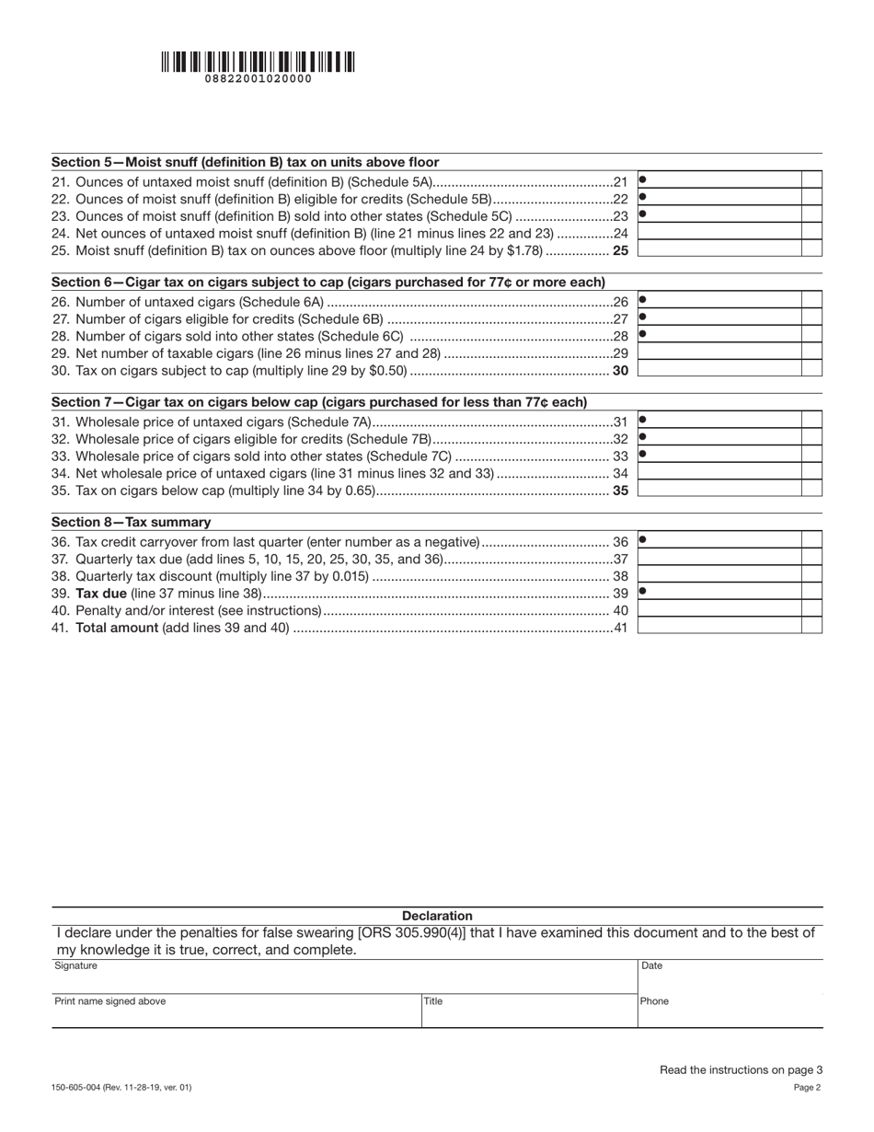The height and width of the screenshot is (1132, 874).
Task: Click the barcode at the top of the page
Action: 258,62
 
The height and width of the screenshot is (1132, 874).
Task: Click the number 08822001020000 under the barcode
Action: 258,79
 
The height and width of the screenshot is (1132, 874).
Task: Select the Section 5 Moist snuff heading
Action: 245,162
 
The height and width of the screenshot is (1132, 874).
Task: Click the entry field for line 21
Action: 720,180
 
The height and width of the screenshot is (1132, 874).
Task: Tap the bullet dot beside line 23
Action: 643,214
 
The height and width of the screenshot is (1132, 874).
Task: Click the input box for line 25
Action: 720,249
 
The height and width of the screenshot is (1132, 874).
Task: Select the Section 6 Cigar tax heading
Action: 328,283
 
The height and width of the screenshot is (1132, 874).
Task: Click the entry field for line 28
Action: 720,335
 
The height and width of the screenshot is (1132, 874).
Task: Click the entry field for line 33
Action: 720,455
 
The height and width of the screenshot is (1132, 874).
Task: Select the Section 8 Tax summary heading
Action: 131,522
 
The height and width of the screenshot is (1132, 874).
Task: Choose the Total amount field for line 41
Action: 720,627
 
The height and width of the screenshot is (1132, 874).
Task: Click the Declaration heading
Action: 437,916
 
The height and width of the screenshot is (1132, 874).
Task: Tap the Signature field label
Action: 75,965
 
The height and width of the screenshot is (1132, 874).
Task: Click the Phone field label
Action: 654,1001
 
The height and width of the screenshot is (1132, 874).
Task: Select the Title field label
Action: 433,1001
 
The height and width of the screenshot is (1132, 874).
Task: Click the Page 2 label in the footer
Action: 807,1088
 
